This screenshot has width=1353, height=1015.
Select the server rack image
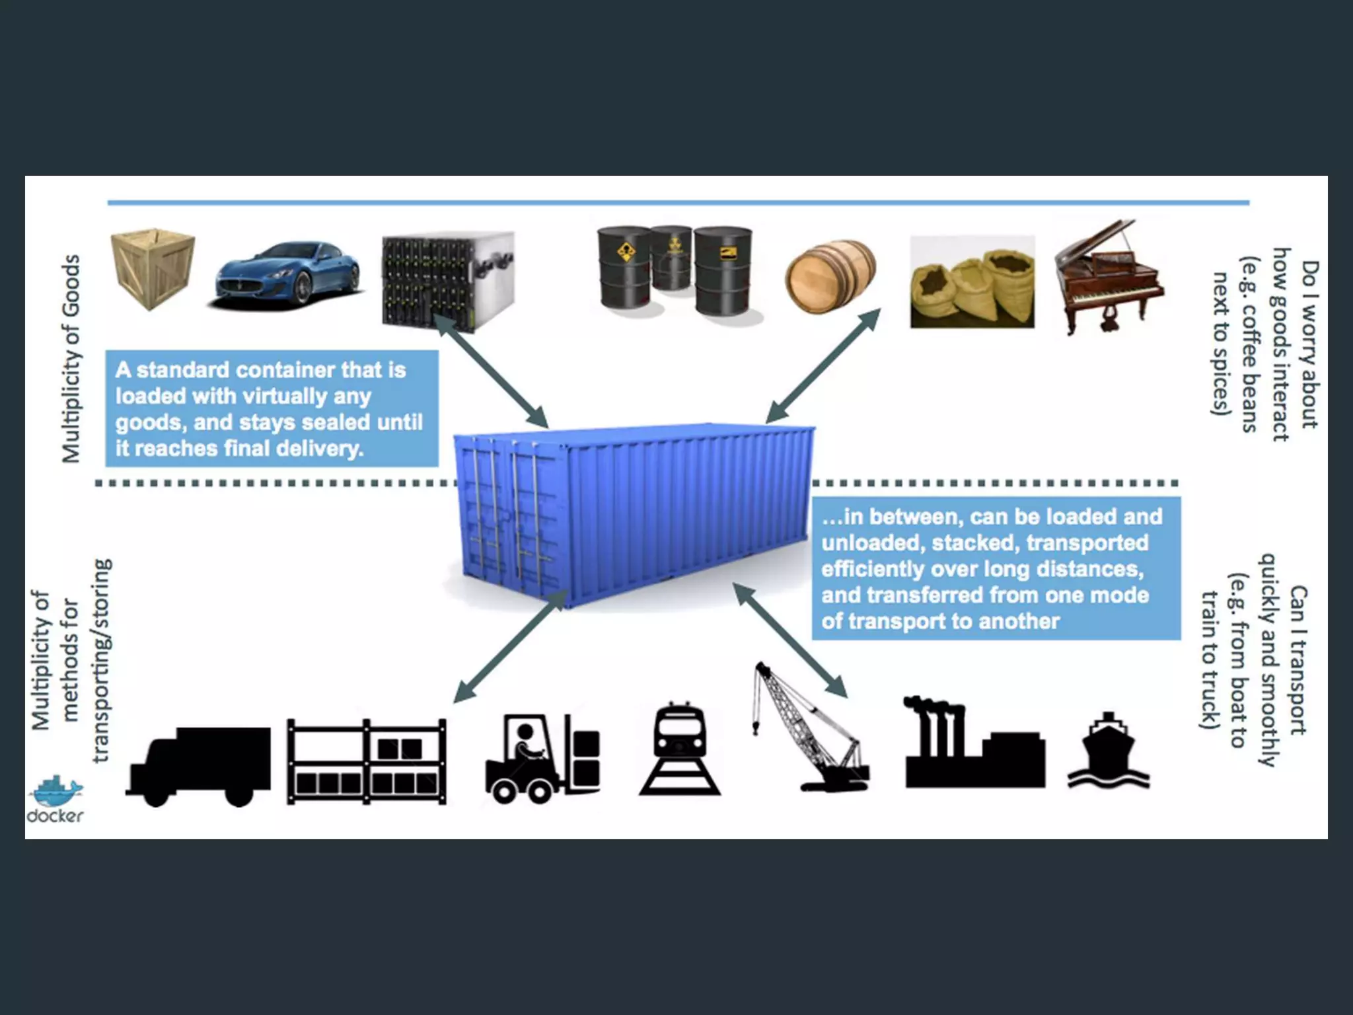[447, 280]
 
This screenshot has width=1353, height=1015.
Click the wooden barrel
[831, 276]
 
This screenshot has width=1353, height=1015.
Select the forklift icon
[542, 757]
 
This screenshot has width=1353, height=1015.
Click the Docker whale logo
[56, 790]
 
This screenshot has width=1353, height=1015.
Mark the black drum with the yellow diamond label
[624, 268]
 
